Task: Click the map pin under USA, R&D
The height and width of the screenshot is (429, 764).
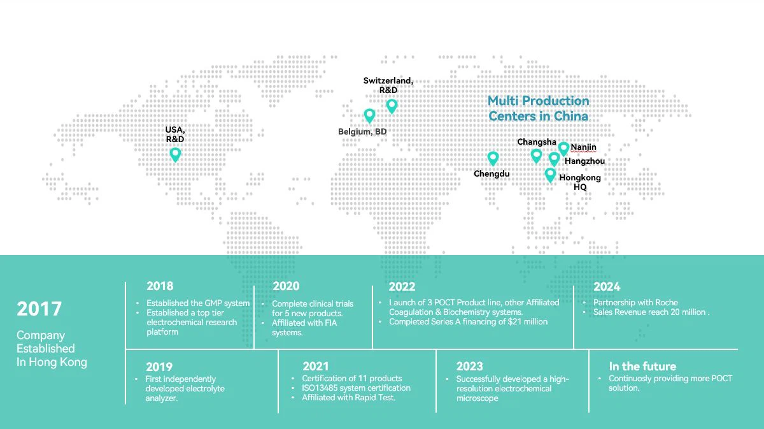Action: (175, 155)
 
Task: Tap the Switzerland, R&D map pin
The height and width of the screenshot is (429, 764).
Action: (392, 106)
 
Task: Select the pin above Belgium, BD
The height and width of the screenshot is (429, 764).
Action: (369, 116)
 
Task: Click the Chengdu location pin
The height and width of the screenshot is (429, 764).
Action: (493, 159)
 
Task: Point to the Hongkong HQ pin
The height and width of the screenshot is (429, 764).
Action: (550, 175)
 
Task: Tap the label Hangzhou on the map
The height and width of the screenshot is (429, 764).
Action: (584, 161)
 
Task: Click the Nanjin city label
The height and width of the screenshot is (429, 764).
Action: (584, 147)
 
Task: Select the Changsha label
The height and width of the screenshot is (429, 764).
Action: (537, 142)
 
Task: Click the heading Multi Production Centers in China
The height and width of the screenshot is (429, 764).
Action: (538, 108)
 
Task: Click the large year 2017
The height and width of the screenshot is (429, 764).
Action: (39, 309)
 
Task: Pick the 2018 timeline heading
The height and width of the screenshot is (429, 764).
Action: (160, 286)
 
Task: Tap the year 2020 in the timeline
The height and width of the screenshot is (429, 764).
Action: (286, 286)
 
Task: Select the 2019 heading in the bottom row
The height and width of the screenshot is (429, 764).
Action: (159, 367)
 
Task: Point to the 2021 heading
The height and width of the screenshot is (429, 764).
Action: (316, 366)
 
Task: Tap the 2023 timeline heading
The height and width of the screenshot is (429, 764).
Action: (470, 366)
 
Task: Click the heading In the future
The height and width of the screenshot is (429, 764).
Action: (642, 366)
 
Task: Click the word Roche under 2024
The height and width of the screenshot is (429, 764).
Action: (667, 302)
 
